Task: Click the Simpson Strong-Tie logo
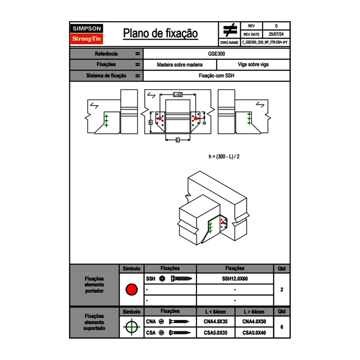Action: pyautogui.click(x=87, y=34)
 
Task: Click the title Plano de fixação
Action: pyautogui.click(x=160, y=34)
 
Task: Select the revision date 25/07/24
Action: pyautogui.click(x=276, y=34)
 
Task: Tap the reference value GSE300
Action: pyautogui.click(x=217, y=54)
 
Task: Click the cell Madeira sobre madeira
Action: pyautogui.click(x=180, y=65)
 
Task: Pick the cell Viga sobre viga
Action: pyautogui.click(x=253, y=65)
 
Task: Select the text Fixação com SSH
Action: pyautogui.click(x=216, y=76)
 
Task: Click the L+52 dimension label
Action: pyautogui.click(x=178, y=95)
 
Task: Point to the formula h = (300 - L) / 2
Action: pyautogui.click(x=224, y=156)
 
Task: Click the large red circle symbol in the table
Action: pyautogui.click(x=131, y=290)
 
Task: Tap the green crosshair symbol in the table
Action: pyautogui.click(x=131, y=327)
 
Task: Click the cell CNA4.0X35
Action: pyautogui.click(x=215, y=322)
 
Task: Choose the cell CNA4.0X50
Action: pyautogui.click(x=254, y=322)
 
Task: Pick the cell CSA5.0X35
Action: pyautogui.click(x=215, y=333)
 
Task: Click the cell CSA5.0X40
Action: pyautogui.click(x=254, y=333)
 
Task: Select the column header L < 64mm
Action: pyautogui.click(x=215, y=312)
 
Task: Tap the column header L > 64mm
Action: pyautogui.click(x=254, y=312)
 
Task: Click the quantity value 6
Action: pyautogui.click(x=281, y=327)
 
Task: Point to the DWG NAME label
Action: pyautogui.click(x=229, y=43)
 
